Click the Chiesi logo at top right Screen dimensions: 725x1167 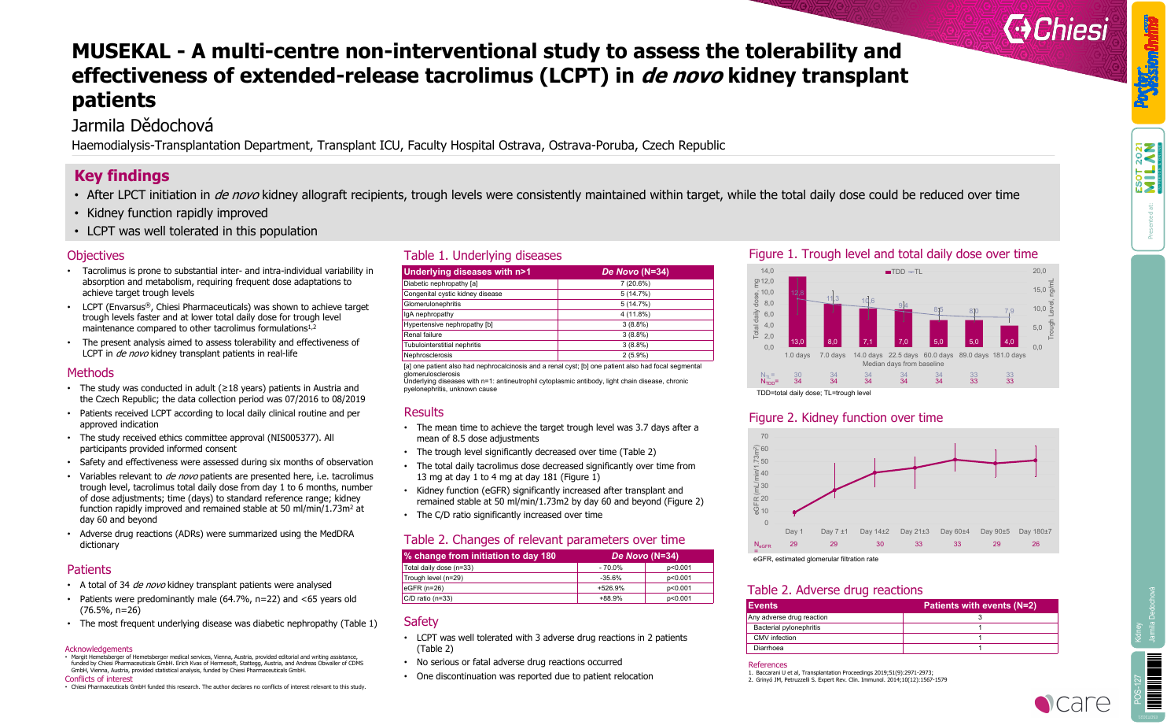[1055, 30]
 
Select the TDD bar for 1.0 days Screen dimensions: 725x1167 [797, 313]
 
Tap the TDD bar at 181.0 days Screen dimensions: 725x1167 [1009, 336]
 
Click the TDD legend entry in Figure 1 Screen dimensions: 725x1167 [895, 272]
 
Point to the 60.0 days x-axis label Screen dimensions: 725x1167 [939, 355]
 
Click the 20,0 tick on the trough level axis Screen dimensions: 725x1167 [1039, 271]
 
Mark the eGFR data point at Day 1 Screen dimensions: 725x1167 [794, 512]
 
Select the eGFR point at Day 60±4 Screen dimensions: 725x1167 [955, 460]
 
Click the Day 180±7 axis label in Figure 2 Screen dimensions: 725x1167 [1035, 531]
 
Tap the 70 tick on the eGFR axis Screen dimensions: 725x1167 [764, 436]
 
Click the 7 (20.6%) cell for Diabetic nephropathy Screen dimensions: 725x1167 [635, 283]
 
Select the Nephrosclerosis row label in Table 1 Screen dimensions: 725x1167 [428, 355]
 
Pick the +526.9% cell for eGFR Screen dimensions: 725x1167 [610, 588]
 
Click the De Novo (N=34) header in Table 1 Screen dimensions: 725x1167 [635, 272]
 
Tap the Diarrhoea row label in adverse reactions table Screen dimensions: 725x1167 [768, 648]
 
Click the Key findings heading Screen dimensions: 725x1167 [122, 176]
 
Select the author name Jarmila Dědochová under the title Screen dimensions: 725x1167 [142, 126]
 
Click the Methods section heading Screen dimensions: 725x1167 [90, 373]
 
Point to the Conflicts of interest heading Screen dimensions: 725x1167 [98, 679]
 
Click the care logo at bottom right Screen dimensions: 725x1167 [1073, 703]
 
